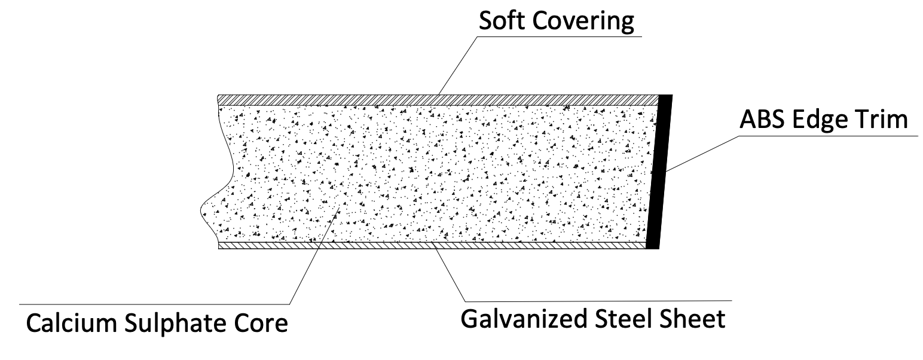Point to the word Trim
(x=882, y=120)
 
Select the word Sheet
(x=693, y=318)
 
